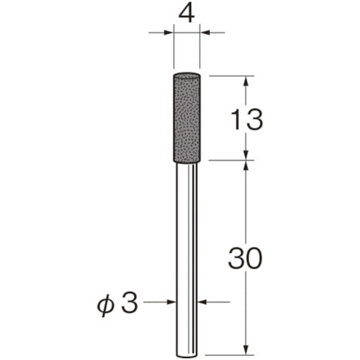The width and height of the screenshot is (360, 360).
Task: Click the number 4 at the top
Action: [x=188, y=14]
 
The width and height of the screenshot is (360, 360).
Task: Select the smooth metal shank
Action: [x=188, y=252]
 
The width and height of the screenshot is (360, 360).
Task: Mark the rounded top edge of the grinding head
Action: [x=188, y=74]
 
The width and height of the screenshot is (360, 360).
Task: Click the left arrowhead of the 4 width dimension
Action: [x=169, y=32]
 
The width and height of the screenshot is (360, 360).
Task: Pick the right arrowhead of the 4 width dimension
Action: [x=207, y=32]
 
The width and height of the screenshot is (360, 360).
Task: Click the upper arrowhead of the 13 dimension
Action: [x=246, y=81]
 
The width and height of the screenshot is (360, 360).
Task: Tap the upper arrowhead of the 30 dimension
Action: [x=246, y=166]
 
